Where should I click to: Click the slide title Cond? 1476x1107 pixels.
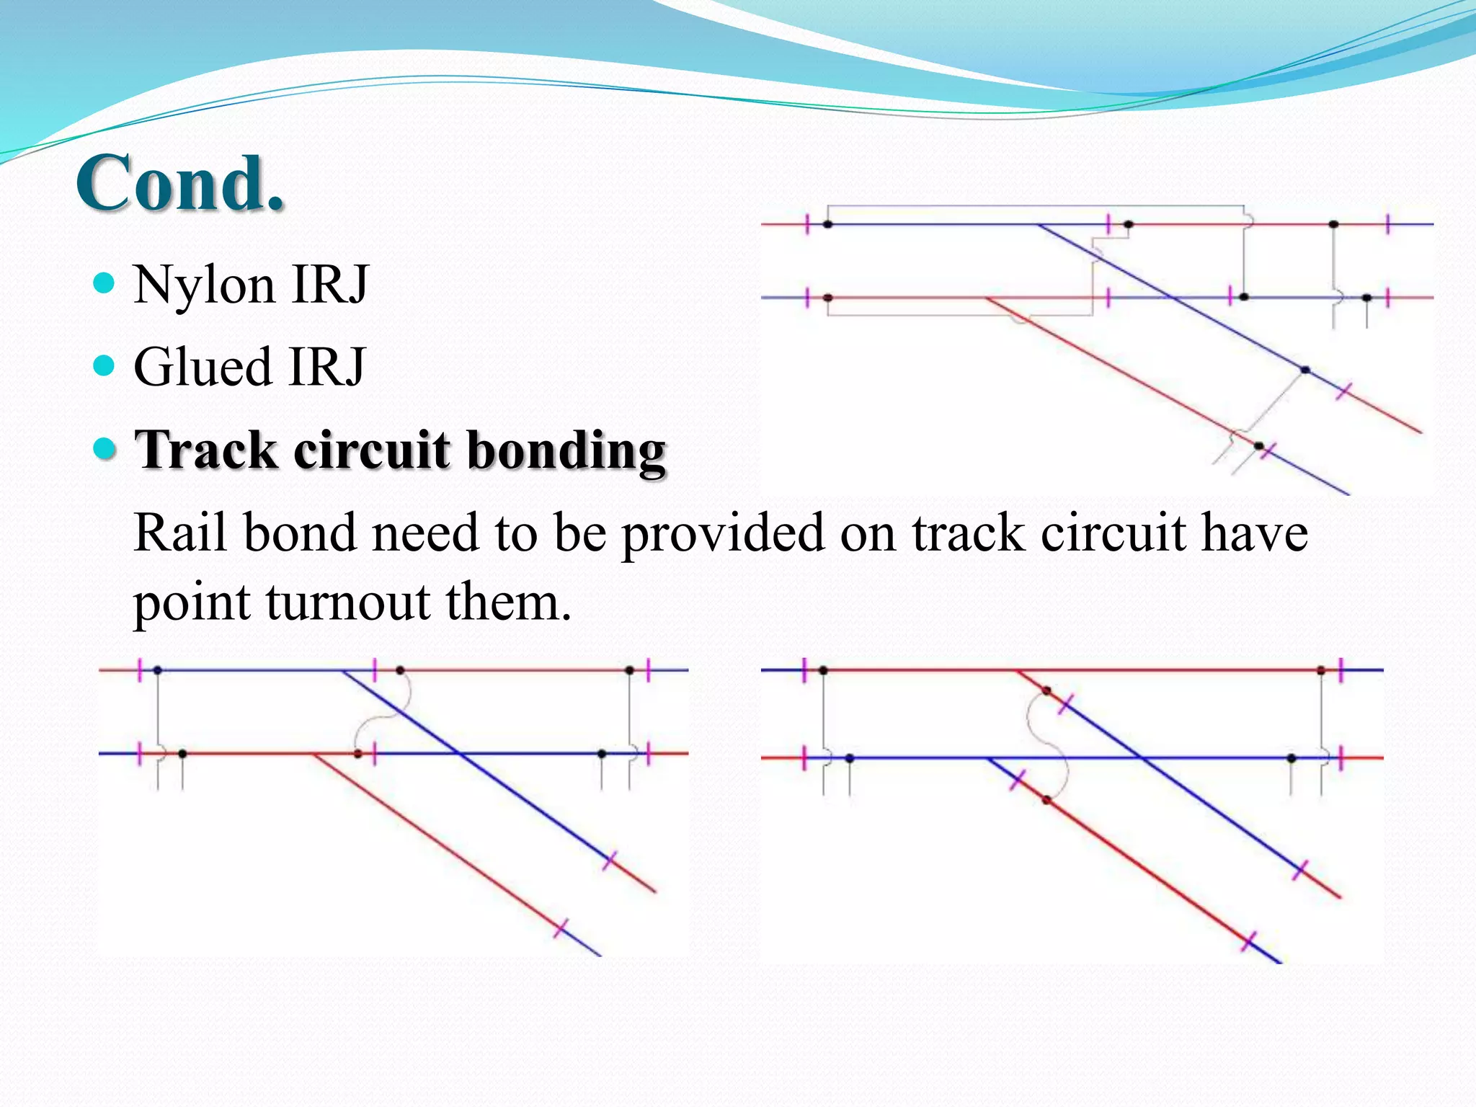pyautogui.click(x=180, y=184)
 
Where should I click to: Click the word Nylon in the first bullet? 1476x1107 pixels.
pyautogui.click(x=204, y=285)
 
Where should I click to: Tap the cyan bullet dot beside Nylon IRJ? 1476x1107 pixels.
pyautogui.click(x=105, y=283)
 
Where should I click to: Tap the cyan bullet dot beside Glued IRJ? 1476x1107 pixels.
pyautogui.click(x=105, y=365)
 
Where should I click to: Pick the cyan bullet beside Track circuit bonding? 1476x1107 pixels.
pyautogui.click(x=105, y=448)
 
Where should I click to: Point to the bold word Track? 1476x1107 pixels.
pyautogui.click(x=205, y=450)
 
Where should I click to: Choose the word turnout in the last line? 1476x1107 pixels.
pyautogui.click(x=349, y=603)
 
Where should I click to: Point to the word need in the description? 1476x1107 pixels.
pyautogui.click(x=417, y=533)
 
